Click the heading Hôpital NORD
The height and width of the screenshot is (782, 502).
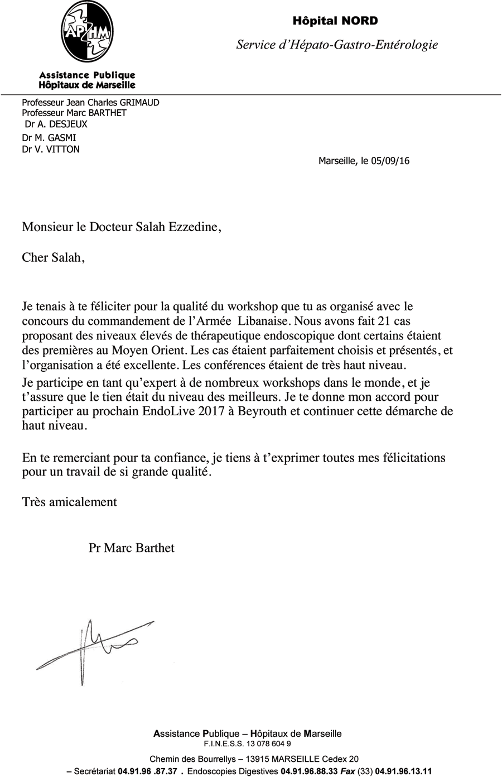[335, 21]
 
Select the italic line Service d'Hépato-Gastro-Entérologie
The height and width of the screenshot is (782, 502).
[337, 45]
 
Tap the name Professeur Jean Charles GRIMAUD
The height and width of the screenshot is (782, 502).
[90, 103]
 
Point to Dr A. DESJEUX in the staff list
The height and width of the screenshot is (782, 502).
[56, 124]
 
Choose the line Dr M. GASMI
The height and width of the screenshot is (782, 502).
[49, 138]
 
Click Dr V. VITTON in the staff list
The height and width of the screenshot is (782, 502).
[51, 149]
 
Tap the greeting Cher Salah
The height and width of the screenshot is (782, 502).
[54, 258]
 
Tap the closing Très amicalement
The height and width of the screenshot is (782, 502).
[69, 502]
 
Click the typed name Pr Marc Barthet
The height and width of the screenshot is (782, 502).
[132, 548]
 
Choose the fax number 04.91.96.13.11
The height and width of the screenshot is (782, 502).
[404, 772]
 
